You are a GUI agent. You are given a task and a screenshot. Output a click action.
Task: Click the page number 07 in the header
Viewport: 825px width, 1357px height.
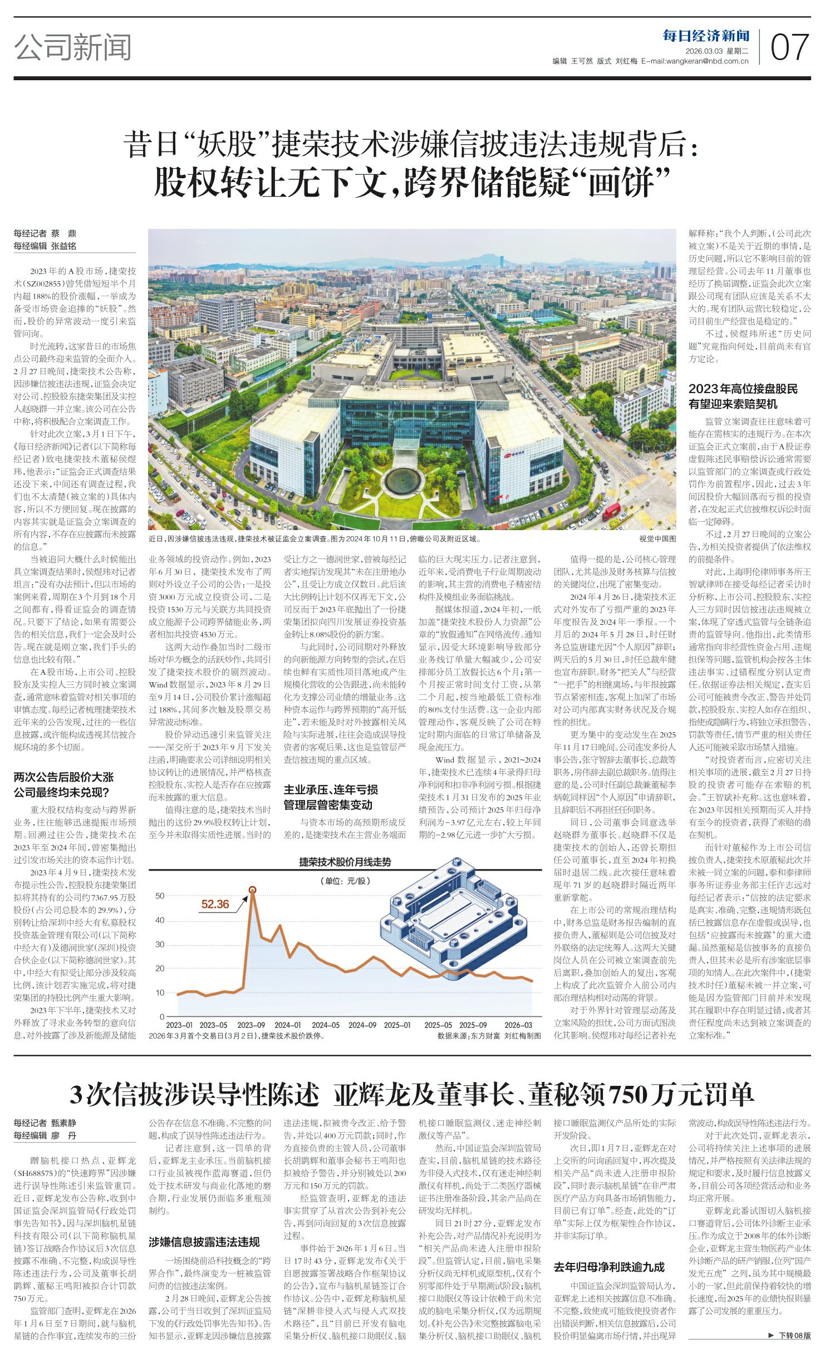click(789, 47)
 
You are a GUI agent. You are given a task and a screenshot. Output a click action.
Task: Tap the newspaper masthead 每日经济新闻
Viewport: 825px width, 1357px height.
click(706, 36)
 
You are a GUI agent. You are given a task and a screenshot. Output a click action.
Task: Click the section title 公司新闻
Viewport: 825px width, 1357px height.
click(73, 47)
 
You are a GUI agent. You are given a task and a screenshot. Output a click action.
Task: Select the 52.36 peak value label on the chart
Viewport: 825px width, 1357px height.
click(215, 904)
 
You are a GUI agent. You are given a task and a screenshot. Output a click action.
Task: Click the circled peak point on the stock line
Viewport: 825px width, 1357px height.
click(252, 890)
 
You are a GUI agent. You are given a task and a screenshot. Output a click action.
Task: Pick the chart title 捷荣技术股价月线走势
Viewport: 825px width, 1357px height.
click(345, 862)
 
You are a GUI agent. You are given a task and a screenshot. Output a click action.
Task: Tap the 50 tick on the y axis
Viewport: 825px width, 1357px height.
click(160, 895)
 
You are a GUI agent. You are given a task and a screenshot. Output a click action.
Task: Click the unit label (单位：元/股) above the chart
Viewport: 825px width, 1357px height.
click(345, 880)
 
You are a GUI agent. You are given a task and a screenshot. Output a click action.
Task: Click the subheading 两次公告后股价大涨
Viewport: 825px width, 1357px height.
click(64, 777)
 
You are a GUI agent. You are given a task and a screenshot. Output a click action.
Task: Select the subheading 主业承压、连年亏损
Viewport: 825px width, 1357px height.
click(331, 790)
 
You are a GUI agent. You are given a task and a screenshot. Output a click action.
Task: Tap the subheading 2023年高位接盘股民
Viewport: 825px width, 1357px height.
click(743, 389)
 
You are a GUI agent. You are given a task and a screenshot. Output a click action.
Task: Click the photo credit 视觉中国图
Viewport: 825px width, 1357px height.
click(657, 539)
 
